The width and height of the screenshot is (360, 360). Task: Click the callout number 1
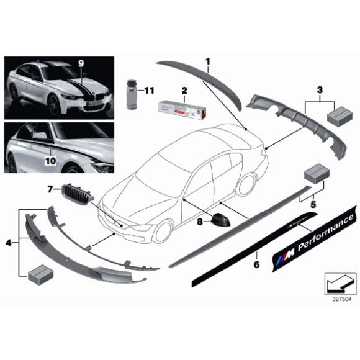coord(209,61)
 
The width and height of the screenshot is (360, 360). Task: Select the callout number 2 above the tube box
coord(184,91)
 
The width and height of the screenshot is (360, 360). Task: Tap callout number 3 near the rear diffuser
coord(320,91)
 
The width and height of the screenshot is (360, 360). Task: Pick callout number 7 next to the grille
coord(51,187)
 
